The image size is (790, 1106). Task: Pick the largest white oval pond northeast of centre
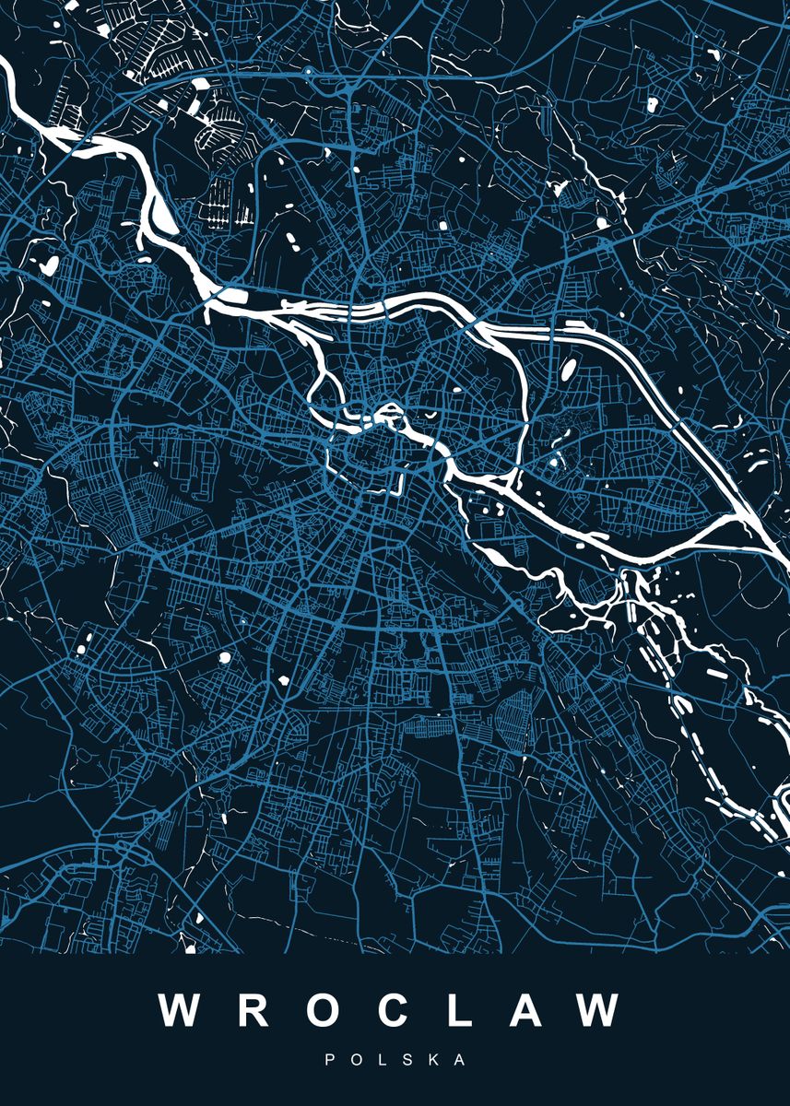[x=568, y=369]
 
